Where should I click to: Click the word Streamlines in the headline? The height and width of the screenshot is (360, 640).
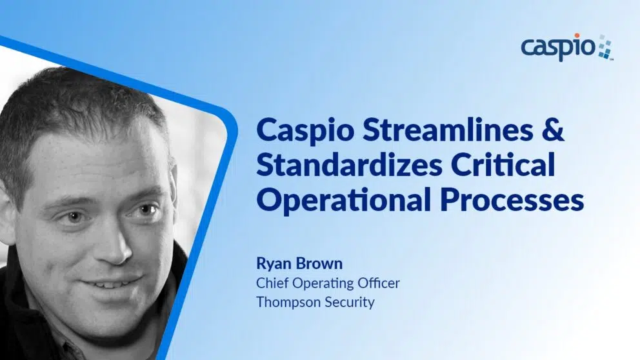point(448,130)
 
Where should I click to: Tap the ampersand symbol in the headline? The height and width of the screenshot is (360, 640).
point(554,130)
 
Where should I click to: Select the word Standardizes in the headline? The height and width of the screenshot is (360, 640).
point(350,165)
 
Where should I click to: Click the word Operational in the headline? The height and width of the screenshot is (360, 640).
point(344,201)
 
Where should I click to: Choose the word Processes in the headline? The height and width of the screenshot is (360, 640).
point(512,201)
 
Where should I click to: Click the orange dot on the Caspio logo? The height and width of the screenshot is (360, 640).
point(577,36)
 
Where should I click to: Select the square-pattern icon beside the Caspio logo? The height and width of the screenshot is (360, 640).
point(605,47)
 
